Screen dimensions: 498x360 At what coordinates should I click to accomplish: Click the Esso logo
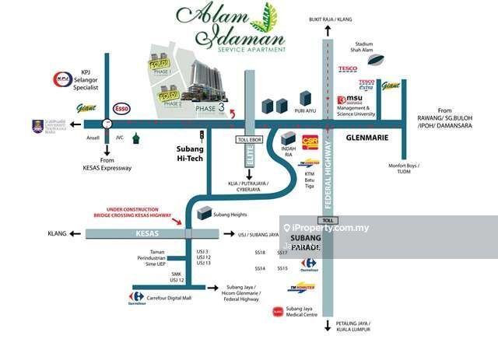tap(121, 109)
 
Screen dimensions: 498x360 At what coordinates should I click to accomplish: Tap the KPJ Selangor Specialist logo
tap(62, 79)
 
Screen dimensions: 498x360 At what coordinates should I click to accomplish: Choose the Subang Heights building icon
tap(205, 211)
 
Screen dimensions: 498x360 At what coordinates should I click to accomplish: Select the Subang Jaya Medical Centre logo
tap(277, 312)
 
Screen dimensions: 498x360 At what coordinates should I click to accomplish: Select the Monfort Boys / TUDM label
tap(405, 169)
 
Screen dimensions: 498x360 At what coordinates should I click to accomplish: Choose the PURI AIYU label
tap(305, 111)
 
